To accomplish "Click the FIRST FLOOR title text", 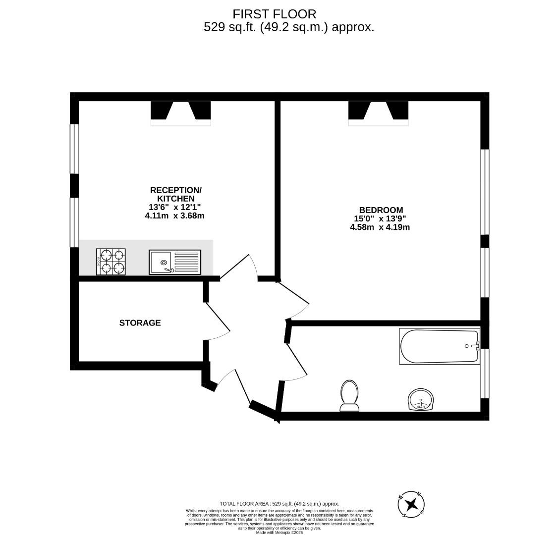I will point(274,14).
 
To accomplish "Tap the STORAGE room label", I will point(140,323).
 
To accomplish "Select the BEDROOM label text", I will point(381,210).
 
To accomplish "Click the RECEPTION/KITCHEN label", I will point(175,194).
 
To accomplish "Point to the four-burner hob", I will point(111,262).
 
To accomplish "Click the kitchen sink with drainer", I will point(175,262).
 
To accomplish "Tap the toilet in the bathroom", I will point(349,396).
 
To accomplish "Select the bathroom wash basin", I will point(421,400).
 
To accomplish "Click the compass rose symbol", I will point(411,505).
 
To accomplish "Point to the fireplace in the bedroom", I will point(378,112).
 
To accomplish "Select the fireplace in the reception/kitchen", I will point(180,112).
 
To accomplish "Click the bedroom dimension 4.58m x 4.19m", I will point(380,227).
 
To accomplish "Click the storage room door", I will point(217,322).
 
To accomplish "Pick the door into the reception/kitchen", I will point(238,267).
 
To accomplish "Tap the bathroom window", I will point(485,374).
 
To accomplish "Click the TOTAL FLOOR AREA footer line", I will point(279,504).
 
